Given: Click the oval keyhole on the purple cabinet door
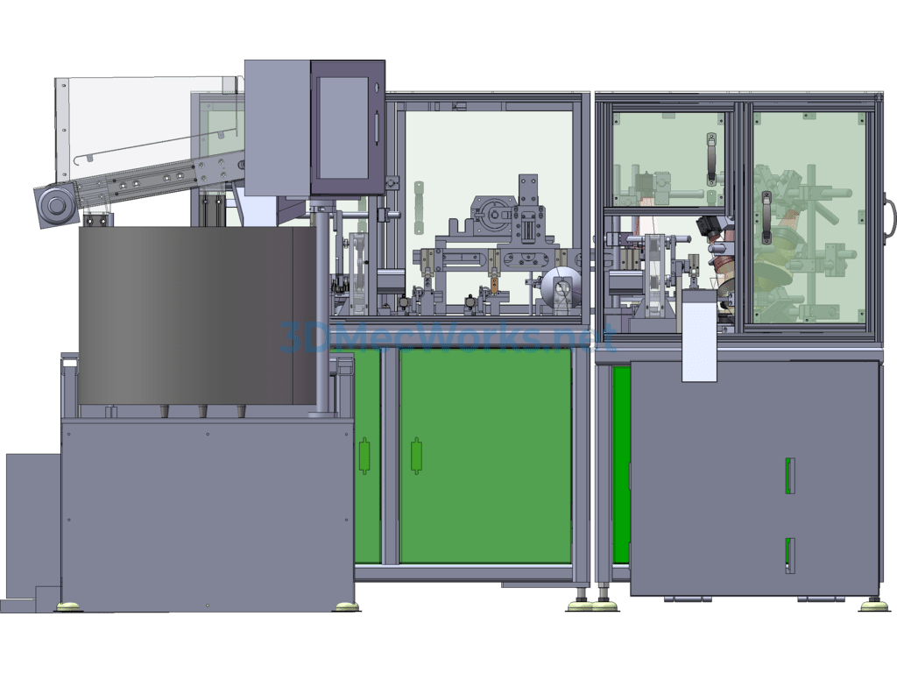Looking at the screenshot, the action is (377, 88).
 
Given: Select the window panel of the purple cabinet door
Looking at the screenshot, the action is (343, 128).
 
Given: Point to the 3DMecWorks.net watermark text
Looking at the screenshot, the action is (448, 337).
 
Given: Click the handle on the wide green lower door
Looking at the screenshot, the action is (416, 456).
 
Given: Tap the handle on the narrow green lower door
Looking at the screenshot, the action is (364, 456).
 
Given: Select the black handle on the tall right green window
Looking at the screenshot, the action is (766, 217).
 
